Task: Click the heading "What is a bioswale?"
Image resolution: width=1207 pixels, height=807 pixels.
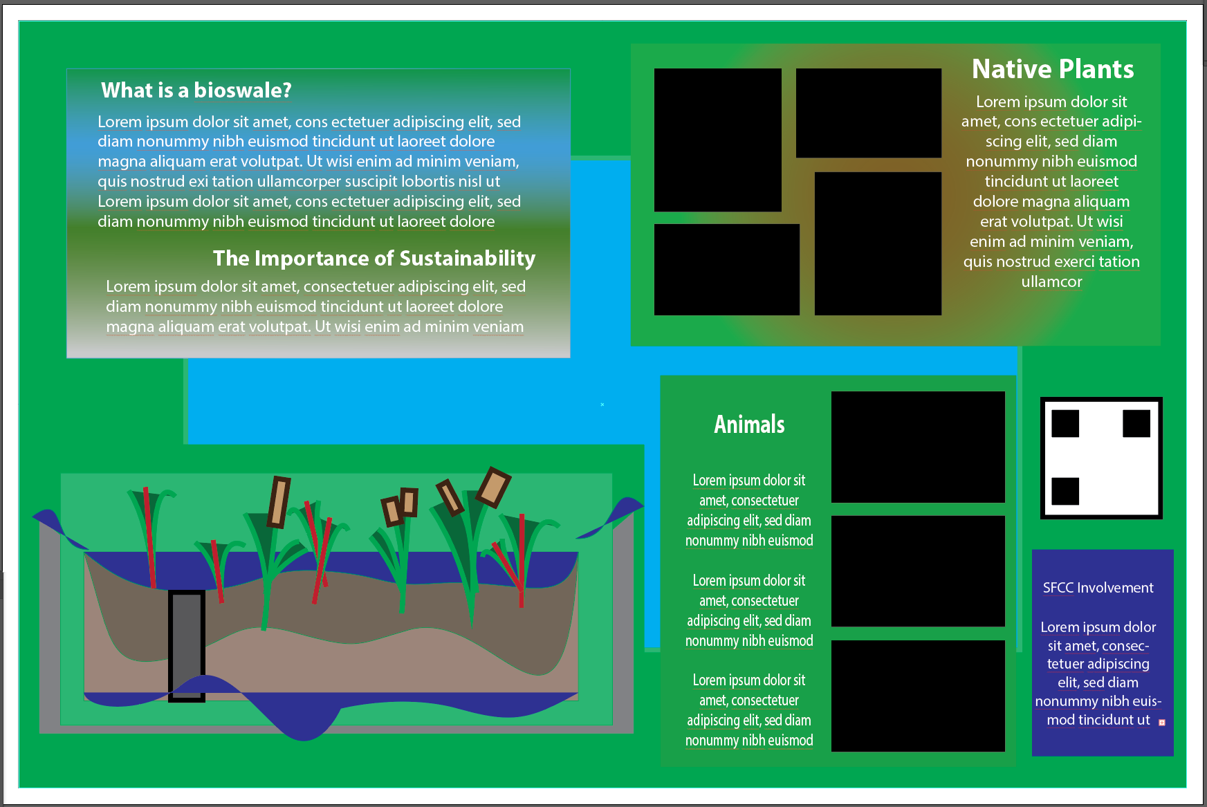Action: (x=196, y=91)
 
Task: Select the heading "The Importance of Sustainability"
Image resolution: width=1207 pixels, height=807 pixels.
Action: (x=374, y=259)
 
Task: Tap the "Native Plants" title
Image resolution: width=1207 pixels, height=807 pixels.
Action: (x=1053, y=69)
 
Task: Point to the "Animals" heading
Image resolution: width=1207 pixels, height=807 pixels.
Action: (x=749, y=424)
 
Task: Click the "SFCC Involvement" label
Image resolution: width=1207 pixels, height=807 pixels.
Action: (x=1098, y=588)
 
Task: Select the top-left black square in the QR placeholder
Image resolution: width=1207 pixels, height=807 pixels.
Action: (x=1065, y=424)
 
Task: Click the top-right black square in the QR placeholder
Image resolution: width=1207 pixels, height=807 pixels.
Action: (x=1136, y=424)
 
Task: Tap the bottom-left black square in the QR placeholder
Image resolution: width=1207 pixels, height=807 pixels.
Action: (x=1065, y=491)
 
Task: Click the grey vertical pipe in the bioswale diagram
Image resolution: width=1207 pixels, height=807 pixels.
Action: (x=187, y=643)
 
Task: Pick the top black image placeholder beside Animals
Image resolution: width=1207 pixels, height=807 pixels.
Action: (x=918, y=447)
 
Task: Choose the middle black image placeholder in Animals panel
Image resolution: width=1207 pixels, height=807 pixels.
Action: (x=918, y=571)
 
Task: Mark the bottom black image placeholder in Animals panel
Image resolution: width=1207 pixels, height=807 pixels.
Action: (x=918, y=696)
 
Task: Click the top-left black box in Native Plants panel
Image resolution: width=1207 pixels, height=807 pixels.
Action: (x=717, y=140)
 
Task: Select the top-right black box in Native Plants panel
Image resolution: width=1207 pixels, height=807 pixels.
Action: (x=868, y=113)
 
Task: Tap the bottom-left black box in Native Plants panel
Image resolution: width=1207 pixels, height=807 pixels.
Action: (x=726, y=270)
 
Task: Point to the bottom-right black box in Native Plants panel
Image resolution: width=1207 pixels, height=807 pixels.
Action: (x=878, y=243)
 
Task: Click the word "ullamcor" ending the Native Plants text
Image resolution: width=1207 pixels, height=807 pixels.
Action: (x=1051, y=282)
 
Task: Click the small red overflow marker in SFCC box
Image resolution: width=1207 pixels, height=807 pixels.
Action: (x=1162, y=723)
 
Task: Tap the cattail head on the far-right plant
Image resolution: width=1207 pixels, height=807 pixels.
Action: (x=494, y=487)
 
